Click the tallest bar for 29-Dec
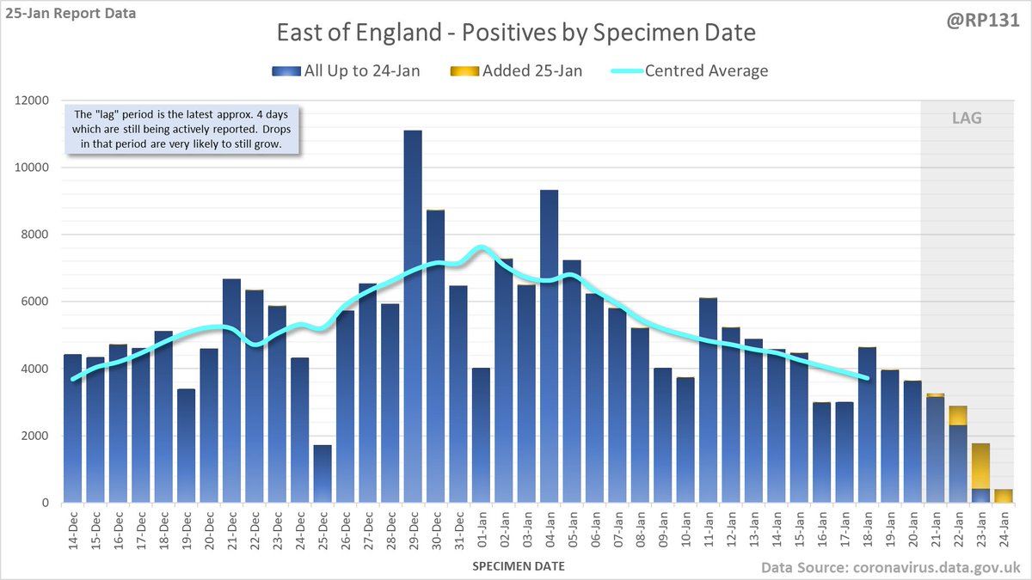pos(413,318)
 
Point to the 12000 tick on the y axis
pos(34,101)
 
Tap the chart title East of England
pos(515,34)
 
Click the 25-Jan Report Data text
pos(69,14)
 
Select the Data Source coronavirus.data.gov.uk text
pos(890,567)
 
